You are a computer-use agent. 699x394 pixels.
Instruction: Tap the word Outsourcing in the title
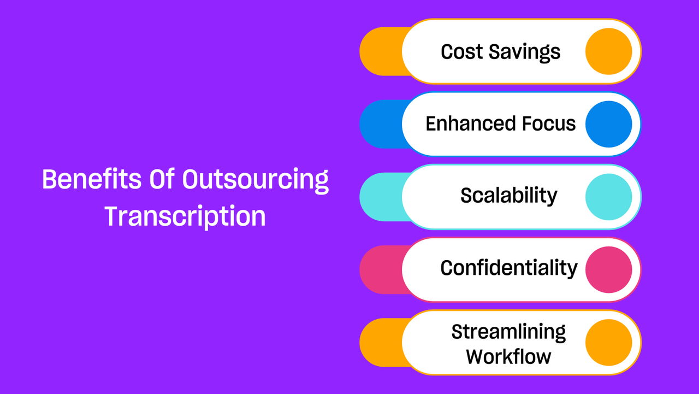255,181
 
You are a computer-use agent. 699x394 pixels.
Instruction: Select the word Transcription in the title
185,216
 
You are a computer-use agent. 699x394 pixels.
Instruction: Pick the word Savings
525,52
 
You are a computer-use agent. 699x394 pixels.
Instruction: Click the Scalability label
508,196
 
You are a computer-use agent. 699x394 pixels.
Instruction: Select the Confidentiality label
509,268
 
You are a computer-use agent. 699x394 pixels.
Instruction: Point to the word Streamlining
508,332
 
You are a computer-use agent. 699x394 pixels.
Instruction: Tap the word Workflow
508,356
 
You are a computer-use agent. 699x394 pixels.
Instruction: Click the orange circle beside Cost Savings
608,51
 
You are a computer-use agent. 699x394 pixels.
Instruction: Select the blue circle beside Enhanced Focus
608,124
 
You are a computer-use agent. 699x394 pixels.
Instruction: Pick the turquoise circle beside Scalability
608,197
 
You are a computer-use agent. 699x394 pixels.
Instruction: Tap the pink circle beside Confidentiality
608,270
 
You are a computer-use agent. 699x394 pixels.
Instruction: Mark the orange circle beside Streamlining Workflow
608,343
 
